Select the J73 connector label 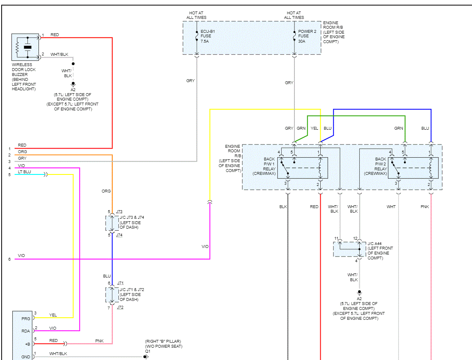[x=119, y=212]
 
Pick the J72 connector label [x=120, y=307]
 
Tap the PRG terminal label [x=25, y=318]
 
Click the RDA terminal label [x=25, y=330]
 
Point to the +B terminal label [x=27, y=344]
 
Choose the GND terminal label [x=25, y=357]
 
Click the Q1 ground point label [x=148, y=351]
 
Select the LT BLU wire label [x=24, y=172]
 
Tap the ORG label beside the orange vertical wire [x=106, y=191]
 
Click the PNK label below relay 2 [x=424, y=207]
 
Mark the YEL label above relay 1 [x=314, y=128]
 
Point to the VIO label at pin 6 [x=21, y=256]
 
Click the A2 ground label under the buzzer [x=73, y=89]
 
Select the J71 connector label [x=120, y=283]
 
